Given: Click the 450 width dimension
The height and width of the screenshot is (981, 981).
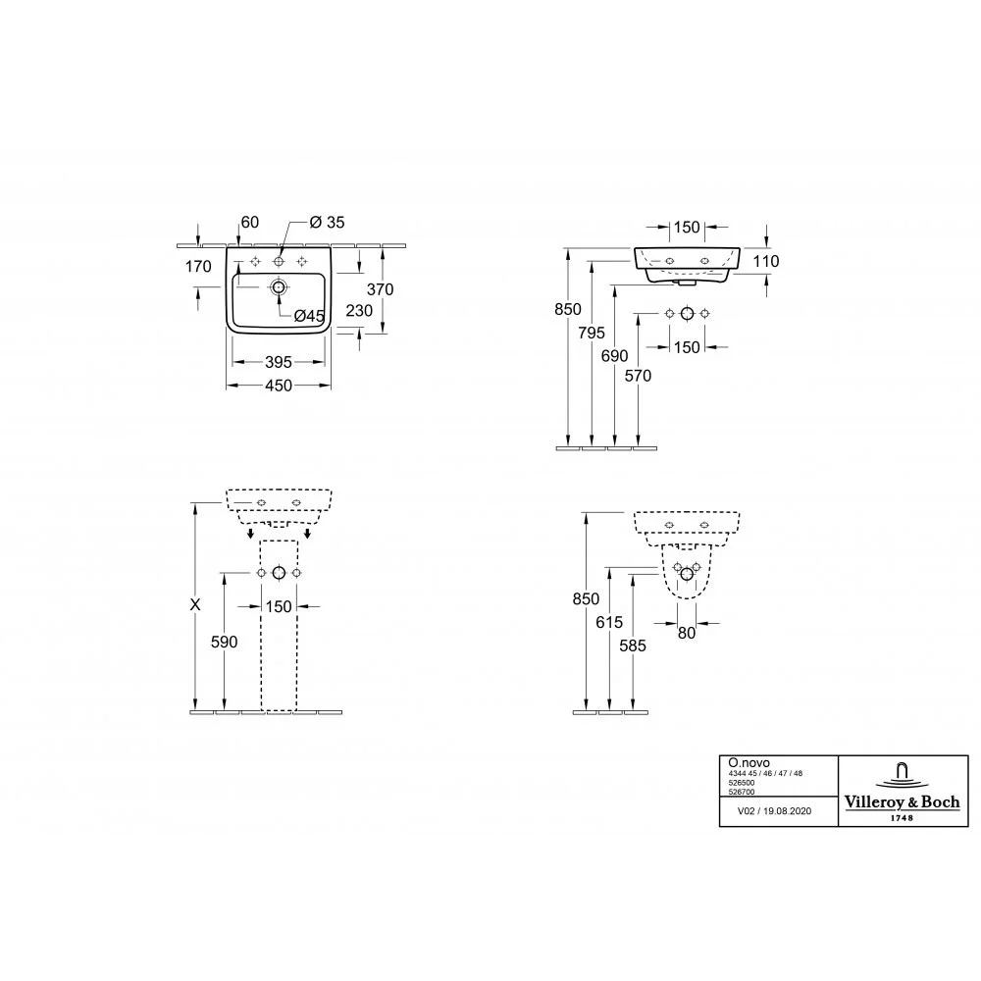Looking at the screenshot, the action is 279,386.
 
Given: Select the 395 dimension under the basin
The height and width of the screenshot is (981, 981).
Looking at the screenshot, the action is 279,362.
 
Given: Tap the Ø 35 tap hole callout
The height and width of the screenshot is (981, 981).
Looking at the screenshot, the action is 328,222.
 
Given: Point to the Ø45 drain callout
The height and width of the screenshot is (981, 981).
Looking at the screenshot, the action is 309,316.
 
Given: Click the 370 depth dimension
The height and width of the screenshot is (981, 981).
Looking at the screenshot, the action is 380,289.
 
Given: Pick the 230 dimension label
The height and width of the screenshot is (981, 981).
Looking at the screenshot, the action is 359,310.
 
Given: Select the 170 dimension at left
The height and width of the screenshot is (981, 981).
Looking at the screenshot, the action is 198,267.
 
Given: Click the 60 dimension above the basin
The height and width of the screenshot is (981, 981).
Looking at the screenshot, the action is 249,222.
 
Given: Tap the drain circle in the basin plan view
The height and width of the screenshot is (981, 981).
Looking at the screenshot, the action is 279,287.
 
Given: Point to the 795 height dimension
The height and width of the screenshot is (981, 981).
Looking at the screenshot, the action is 592,333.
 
